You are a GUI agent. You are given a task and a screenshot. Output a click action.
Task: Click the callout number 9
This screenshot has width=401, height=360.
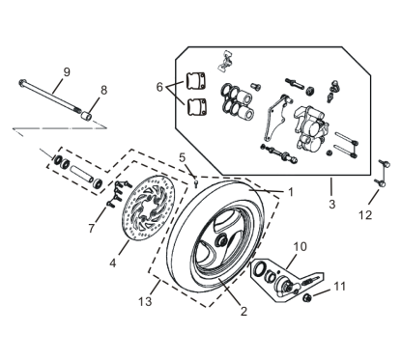coord(67,72)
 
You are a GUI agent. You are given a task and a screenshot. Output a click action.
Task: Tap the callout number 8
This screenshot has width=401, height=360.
coord(103,90)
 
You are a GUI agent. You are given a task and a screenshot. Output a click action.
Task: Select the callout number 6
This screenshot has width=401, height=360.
coord(159,87)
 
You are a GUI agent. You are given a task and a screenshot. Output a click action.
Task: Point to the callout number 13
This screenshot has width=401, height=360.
coord(145,301)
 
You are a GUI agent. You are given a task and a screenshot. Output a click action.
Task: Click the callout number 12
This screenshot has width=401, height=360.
coord(365,215)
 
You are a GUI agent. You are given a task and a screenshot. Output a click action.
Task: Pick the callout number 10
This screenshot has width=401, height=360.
coord(301,247)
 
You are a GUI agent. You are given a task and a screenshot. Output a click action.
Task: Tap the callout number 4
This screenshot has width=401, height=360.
coord(112,263)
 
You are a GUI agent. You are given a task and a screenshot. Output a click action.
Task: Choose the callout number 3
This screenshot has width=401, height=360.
coord(332,204)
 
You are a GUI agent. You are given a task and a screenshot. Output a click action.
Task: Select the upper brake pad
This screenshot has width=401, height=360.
coord(195,81)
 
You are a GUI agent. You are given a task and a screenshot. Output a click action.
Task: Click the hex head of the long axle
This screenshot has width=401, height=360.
coord(22,82)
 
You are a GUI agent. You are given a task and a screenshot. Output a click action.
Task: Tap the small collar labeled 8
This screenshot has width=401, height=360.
coord(86,115)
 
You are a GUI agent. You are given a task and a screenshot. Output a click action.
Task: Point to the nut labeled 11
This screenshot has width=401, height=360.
coord(307,298)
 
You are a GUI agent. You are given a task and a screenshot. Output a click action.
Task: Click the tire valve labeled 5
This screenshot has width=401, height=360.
coord(196,183)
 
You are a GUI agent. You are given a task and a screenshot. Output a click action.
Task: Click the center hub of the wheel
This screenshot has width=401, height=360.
coord(222,239)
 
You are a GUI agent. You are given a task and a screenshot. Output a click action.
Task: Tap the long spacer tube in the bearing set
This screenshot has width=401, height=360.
coord(82,175)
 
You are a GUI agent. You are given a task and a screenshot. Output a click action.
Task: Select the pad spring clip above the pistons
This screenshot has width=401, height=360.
coord(225,61)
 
